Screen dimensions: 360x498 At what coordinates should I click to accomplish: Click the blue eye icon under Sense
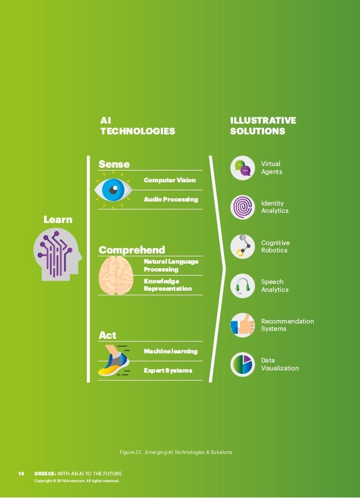(113, 190)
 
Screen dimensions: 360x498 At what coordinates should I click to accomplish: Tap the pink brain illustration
(116, 276)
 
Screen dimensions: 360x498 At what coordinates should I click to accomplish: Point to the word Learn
(58, 219)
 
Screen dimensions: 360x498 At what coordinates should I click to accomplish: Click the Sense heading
(114, 164)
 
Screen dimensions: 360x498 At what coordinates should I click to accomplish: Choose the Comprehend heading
(132, 250)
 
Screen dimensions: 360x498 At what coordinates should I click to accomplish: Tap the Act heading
(108, 335)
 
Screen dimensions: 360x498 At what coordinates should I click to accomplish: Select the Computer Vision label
(170, 180)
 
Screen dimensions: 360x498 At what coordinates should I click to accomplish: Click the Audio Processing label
(171, 199)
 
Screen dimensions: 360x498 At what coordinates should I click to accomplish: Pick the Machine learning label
(170, 351)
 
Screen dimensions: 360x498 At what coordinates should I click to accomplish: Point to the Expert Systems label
(168, 370)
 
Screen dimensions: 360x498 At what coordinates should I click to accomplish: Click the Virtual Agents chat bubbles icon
(243, 168)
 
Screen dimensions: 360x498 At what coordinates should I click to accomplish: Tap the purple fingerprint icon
(243, 207)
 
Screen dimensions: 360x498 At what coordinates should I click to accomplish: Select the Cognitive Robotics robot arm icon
(243, 246)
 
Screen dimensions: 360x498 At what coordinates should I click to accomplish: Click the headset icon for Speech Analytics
(243, 285)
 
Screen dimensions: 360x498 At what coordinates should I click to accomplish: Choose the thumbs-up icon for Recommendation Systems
(243, 325)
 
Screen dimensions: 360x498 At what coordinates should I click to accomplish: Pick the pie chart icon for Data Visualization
(243, 364)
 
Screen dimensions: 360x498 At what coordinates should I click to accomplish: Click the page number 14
(21, 473)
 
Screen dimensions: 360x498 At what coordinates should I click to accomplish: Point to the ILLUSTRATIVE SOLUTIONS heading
(263, 125)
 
